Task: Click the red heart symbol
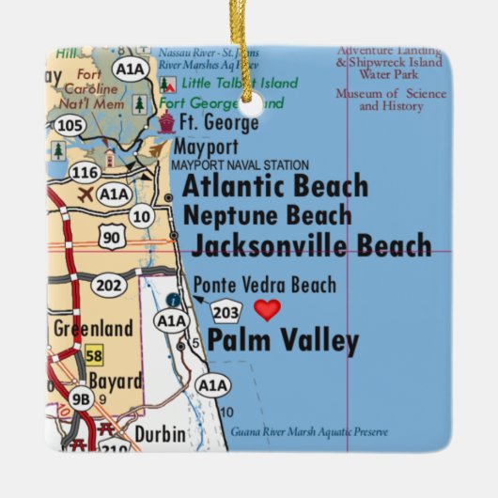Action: [268, 310]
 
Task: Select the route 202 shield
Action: [109, 286]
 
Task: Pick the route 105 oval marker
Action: [69, 125]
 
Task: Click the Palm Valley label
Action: [283, 341]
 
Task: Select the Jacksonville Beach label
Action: [311, 246]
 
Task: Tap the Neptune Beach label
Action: [268, 215]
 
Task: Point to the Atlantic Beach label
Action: [274, 185]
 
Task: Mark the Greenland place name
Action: [93, 329]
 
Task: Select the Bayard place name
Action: [116, 381]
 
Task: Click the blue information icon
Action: [174, 300]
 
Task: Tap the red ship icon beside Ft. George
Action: [166, 122]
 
